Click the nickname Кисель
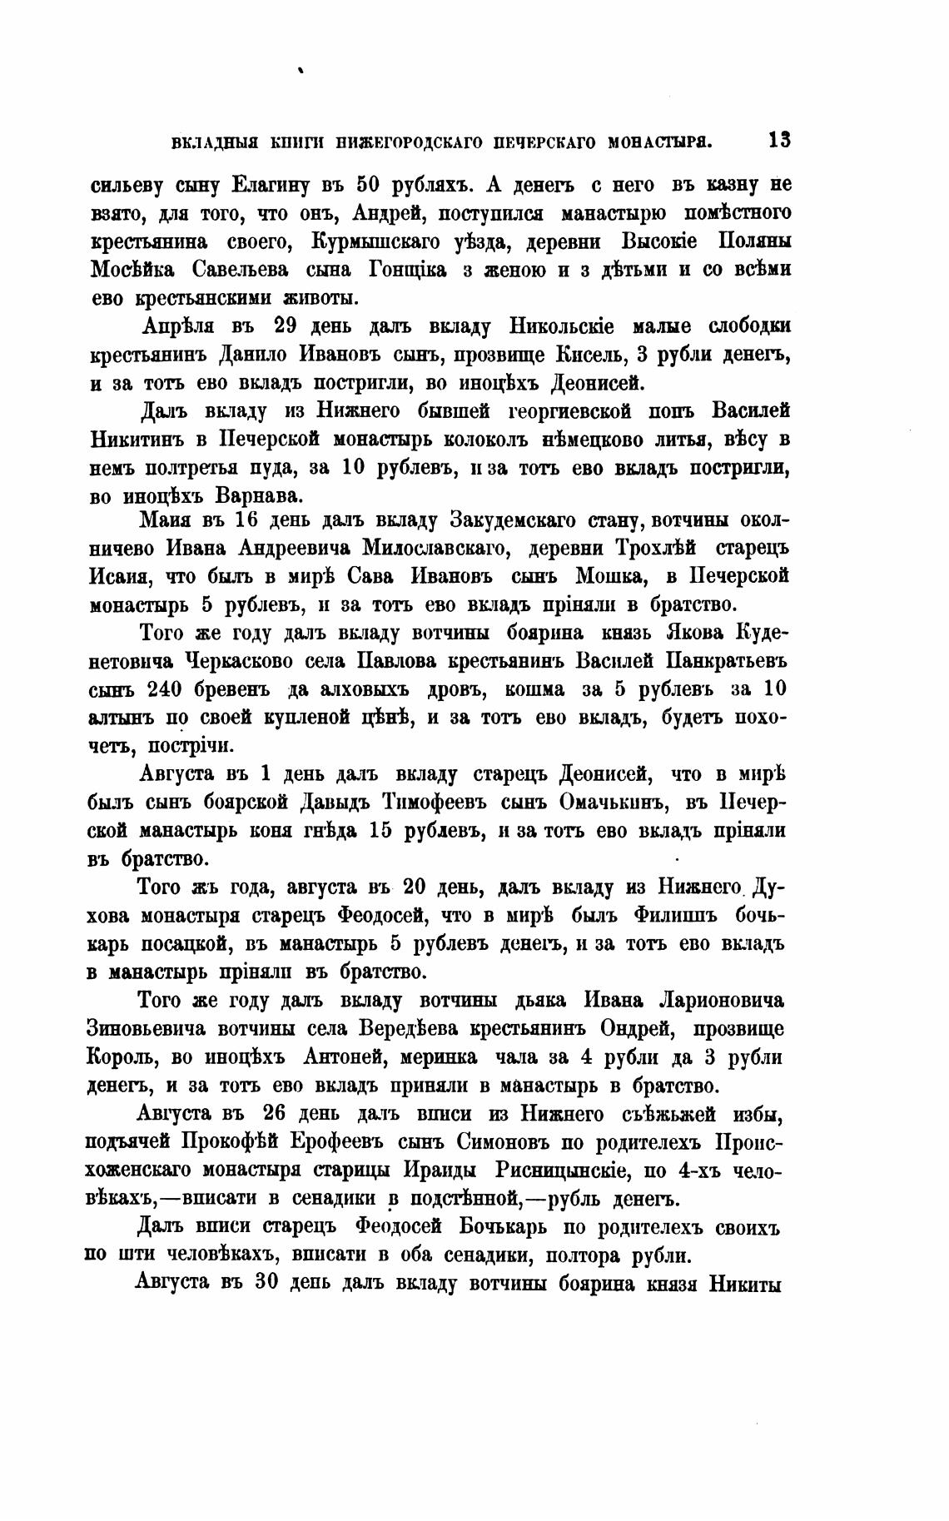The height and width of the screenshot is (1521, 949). pyautogui.click(x=589, y=354)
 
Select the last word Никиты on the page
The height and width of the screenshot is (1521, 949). pyautogui.click(x=744, y=1283)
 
